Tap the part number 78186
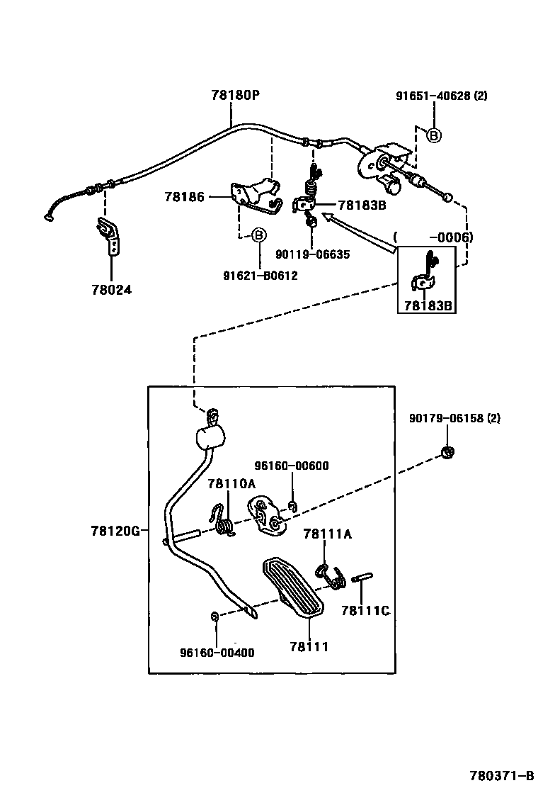coord(184,197)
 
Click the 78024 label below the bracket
coord(111,290)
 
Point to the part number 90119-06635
coord(312,254)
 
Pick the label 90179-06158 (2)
coord(454,418)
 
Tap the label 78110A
coord(231,483)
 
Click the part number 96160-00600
coord(291,466)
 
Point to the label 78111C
coord(365,610)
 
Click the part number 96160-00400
coord(217,652)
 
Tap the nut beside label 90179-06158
coord(447,451)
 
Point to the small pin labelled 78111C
coord(360,578)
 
